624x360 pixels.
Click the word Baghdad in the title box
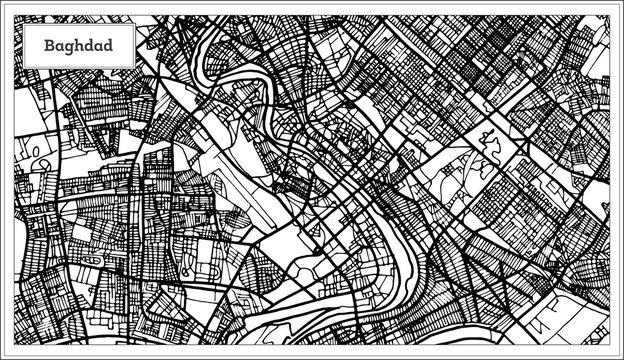(x=76, y=46)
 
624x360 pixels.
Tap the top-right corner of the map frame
(x=612, y=12)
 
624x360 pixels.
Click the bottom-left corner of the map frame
(x=12, y=347)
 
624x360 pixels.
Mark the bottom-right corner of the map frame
(x=612, y=347)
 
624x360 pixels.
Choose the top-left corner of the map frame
(x=12, y=12)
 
